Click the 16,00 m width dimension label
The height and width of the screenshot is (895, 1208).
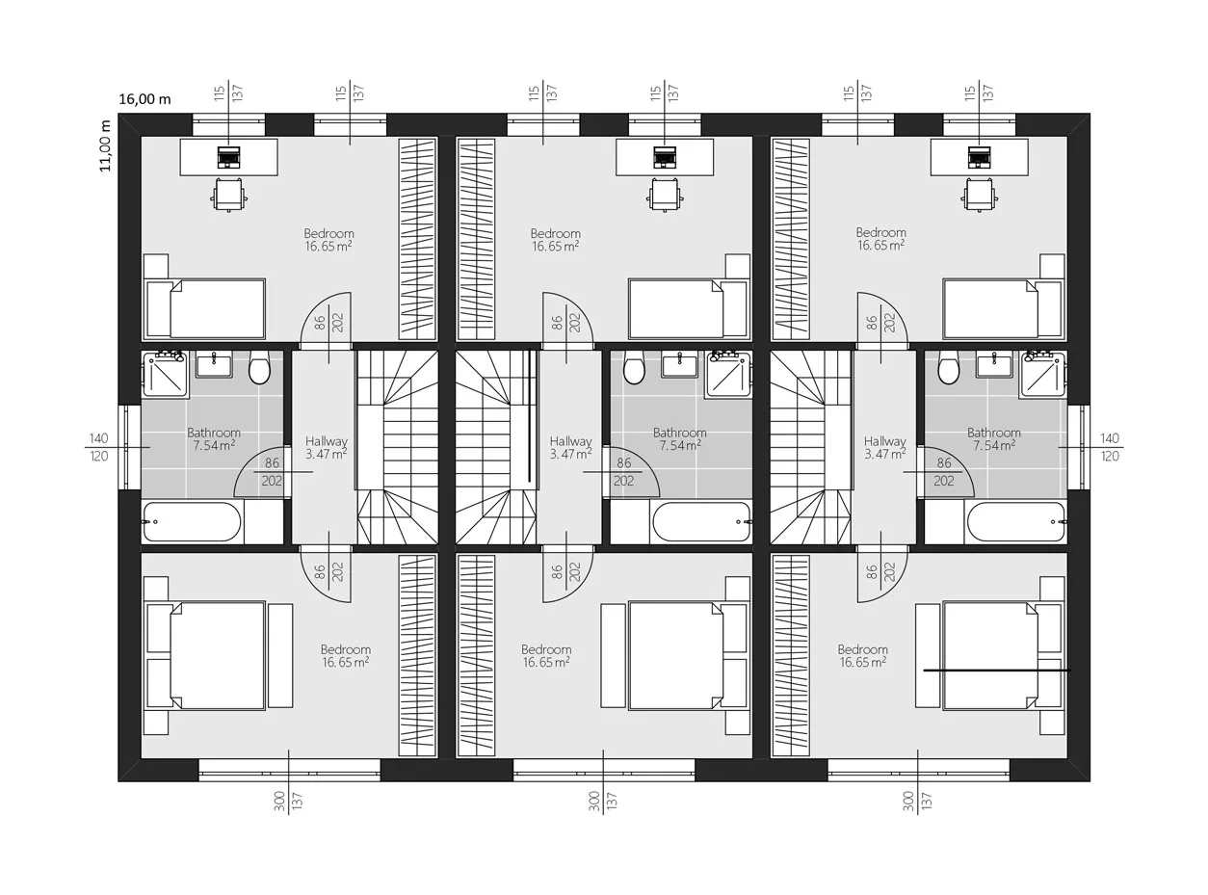coord(144,99)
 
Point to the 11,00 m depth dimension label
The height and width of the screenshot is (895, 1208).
coord(105,146)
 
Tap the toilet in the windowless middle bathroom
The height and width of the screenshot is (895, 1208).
coord(634,367)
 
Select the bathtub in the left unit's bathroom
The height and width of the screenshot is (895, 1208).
coord(192,522)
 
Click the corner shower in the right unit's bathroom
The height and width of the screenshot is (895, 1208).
coord(1043,373)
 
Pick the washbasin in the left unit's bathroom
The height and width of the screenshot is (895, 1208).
coord(214,364)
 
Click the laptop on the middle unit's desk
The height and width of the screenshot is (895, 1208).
coord(664,157)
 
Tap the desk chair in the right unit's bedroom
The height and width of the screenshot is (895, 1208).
coord(980,195)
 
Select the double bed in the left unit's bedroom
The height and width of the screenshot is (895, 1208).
coord(205,655)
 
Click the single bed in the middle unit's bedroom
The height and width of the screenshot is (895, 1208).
coord(689,309)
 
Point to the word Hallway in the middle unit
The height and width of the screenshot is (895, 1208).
coord(570,441)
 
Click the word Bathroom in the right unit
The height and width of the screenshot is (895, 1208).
coord(993,434)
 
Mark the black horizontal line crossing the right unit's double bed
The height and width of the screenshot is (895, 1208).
coord(997,671)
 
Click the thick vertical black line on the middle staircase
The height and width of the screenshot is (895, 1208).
coord(529,415)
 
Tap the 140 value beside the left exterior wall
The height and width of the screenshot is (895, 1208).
coord(98,438)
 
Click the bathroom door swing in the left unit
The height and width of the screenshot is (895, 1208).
coord(259,472)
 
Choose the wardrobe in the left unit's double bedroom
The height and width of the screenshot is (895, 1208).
coord(418,656)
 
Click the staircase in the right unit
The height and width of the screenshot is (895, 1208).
coord(810,447)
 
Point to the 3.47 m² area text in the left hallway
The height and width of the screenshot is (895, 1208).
coord(326,454)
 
